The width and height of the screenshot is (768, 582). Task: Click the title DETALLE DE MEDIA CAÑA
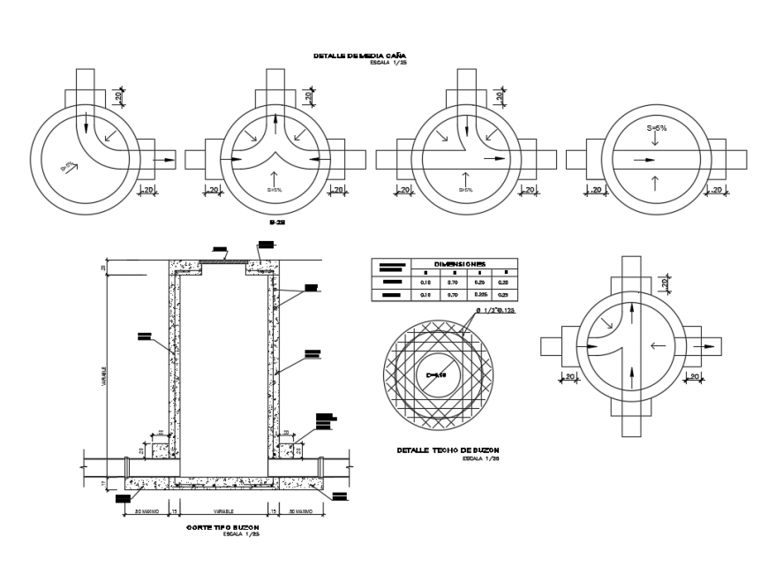358,56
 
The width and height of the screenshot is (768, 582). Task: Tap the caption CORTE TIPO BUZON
223,527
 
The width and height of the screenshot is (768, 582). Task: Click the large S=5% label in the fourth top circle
656,128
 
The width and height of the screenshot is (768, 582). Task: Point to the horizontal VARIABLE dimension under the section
222,511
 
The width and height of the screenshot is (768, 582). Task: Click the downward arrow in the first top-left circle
86,121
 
